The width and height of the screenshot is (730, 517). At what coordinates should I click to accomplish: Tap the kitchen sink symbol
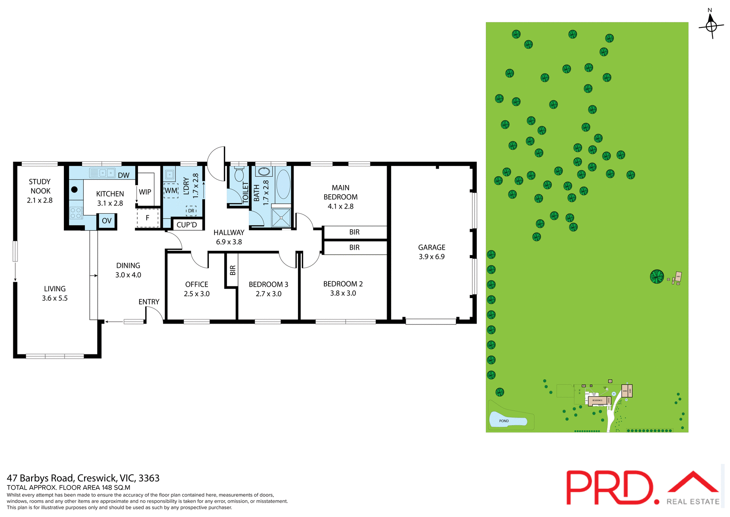click(102, 173)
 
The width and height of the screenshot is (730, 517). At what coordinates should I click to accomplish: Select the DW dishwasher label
click(124, 176)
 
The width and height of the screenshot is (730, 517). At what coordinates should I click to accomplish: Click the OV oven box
click(107, 221)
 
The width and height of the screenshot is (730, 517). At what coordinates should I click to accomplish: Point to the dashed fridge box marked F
click(148, 218)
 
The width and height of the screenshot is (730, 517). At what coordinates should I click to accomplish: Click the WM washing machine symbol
click(171, 190)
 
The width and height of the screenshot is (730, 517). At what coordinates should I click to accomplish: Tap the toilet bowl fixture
click(239, 175)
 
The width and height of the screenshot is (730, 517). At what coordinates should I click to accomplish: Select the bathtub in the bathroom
click(283, 184)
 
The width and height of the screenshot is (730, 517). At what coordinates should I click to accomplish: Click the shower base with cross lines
click(281, 218)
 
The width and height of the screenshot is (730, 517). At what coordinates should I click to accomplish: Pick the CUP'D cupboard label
click(187, 225)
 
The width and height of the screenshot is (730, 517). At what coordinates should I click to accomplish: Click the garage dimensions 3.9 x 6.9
click(432, 257)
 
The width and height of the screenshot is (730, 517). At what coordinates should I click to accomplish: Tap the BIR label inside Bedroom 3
click(233, 270)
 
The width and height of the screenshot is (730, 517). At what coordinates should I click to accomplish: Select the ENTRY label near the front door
click(149, 302)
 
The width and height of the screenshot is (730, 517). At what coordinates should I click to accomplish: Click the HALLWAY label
click(229, 233)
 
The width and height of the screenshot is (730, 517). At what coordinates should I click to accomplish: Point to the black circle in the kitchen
click(75, 189)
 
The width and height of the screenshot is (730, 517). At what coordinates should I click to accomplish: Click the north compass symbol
click(711, 26)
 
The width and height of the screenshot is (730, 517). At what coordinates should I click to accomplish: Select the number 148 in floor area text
click(107, 487)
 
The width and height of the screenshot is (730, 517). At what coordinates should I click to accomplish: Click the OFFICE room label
click(197, 284)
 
